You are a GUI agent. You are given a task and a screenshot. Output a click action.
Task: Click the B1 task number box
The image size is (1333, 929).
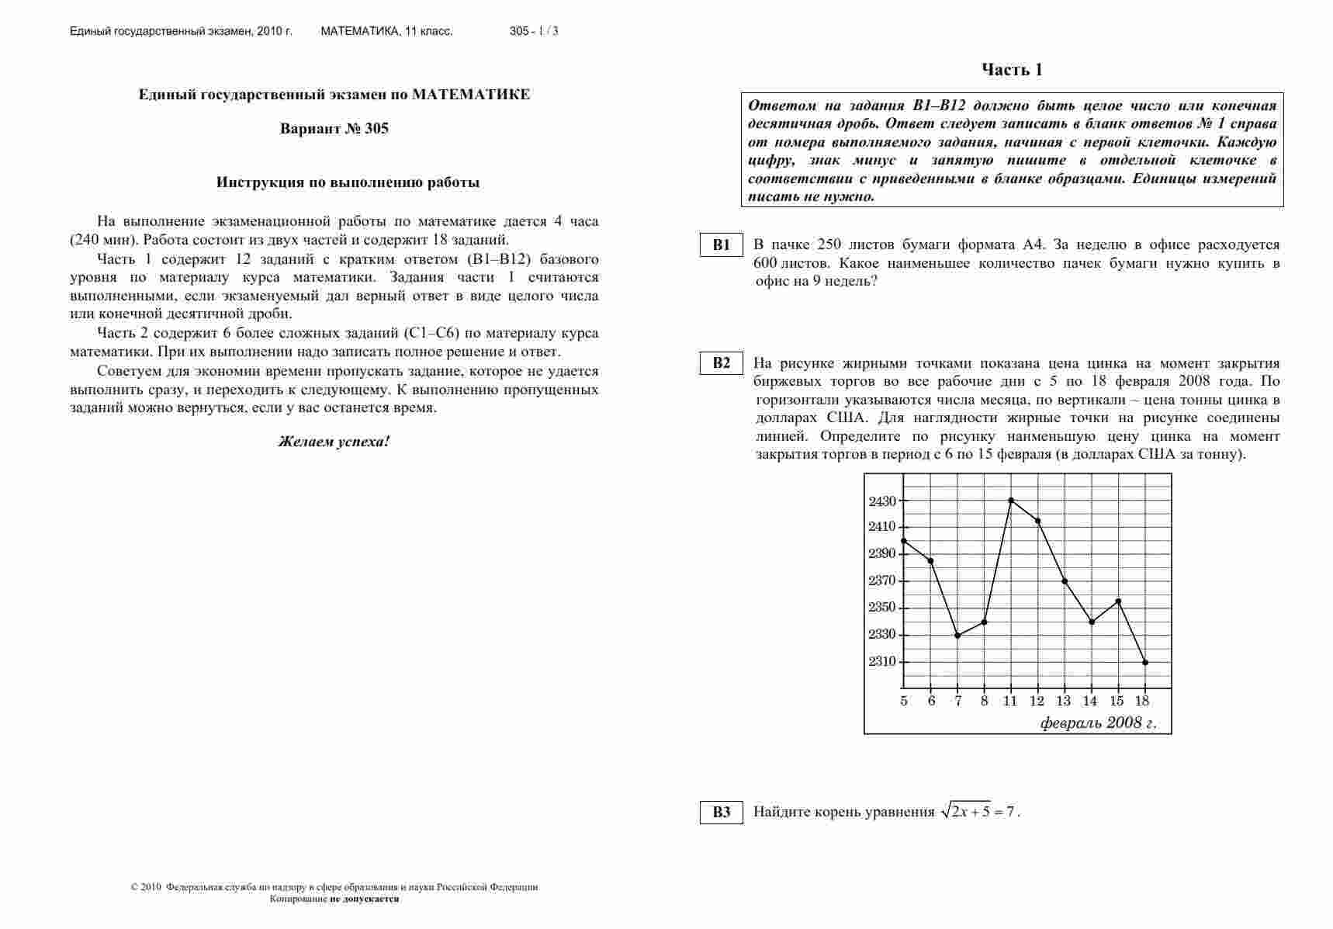click(722, 245)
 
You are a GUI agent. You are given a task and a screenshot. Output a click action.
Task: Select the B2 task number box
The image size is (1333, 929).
click(722, 363)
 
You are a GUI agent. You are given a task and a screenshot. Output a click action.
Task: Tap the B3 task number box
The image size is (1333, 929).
click(722, 813)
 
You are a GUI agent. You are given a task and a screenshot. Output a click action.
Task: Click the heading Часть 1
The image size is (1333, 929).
click(1012, 70)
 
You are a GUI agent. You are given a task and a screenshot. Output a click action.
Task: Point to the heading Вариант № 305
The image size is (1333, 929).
click(334, 129)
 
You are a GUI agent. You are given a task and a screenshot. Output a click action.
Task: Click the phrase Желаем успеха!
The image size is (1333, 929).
click(334, 442)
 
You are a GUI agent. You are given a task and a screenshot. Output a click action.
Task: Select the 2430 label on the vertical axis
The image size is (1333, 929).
click(882, 501)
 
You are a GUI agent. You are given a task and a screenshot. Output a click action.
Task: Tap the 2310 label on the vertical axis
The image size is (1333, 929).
click(882, 662)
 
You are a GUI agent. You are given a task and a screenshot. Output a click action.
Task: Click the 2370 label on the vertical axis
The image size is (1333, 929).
click(882, 581)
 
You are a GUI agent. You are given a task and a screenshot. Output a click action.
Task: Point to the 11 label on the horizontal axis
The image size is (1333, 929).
click(1010, 702)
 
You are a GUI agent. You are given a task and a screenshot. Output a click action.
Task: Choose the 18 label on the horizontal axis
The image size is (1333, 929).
click(1142, 702)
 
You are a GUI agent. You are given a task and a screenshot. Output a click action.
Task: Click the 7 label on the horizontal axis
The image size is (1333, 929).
click(958, 702)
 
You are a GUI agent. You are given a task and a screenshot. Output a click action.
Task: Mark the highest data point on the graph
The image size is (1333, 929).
click(1011, 501)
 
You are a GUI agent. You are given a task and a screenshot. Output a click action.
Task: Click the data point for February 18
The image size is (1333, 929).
click(1145, 662)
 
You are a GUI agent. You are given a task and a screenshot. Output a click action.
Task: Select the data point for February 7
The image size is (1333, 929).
click(957, 636)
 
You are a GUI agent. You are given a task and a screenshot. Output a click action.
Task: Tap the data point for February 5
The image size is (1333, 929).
click(904, 541)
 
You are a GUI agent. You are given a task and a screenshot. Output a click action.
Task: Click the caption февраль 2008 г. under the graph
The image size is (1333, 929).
click(1097, 723)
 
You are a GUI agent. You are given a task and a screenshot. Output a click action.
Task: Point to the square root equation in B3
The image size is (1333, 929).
click(978, 812)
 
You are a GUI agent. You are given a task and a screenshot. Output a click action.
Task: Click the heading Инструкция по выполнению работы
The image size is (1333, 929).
click(348, 183)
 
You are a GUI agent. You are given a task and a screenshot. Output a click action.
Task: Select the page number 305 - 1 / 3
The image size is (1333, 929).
click(534, 32)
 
